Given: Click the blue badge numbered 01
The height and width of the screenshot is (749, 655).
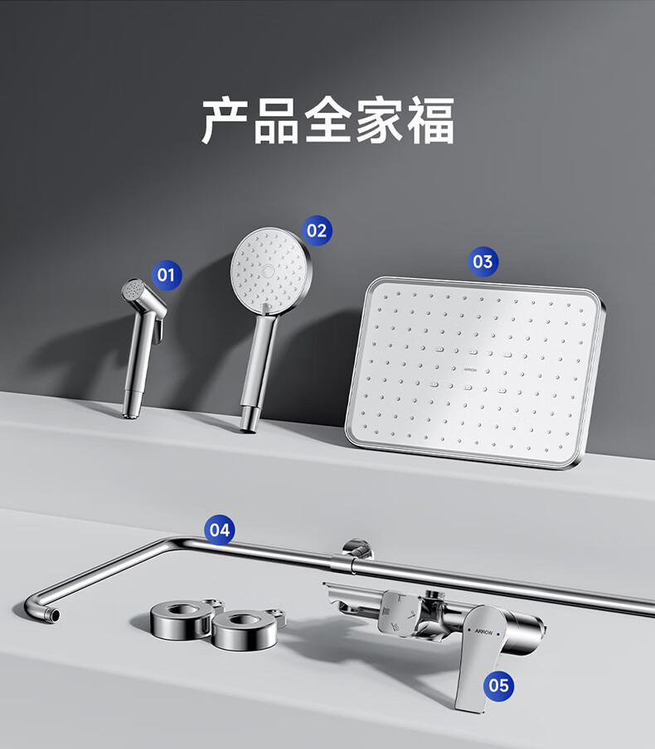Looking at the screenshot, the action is (x=167, y=275).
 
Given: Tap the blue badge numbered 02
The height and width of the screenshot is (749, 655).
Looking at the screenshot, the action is (x=317, y=230).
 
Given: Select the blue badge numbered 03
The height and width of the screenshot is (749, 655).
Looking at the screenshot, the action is (x=483, y=262).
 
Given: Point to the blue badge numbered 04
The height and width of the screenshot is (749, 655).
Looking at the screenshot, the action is (x=220, y=530).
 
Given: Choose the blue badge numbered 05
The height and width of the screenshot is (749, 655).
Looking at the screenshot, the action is (x=498, y=686).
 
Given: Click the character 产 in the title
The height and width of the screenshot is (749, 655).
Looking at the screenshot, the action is (x=224, y=120).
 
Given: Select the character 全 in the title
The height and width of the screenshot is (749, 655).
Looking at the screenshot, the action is (x=327, y=120).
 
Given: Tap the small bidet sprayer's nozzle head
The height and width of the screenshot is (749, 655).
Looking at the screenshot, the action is (x=133, y=290).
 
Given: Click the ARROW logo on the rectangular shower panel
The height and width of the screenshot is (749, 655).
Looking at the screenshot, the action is (x=470, y=370).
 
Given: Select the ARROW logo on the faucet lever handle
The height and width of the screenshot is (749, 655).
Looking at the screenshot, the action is (x=484, y=632).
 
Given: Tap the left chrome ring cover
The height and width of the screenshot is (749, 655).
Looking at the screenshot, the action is (x=182, y=621).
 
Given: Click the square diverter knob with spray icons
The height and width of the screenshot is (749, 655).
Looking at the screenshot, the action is (x=400, y=614).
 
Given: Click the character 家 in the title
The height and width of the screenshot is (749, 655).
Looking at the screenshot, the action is (x=379, y=120).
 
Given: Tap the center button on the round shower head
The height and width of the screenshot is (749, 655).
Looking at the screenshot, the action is (x=268, y=270).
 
